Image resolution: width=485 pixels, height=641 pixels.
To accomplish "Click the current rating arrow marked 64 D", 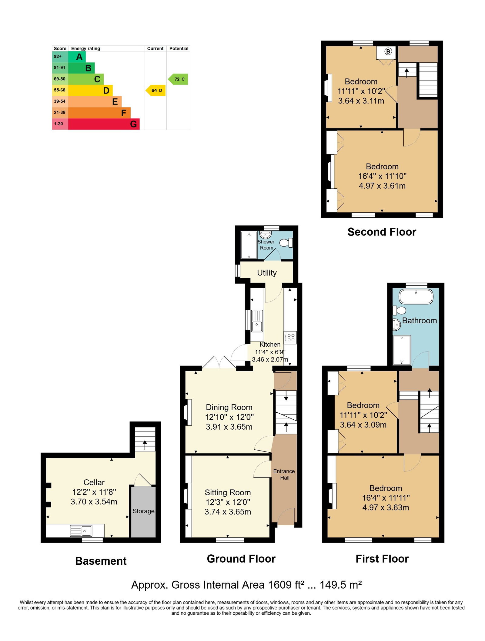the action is click(x=156, y=90).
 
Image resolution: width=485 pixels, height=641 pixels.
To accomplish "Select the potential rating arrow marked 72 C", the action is click(x=178, y=79).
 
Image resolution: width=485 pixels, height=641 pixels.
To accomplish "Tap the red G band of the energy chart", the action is click(x=104, y=124).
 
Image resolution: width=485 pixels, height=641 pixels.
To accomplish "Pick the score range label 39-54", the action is click(x=60, y=101).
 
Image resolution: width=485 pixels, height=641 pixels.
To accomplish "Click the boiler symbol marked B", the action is click(x=388, y=51).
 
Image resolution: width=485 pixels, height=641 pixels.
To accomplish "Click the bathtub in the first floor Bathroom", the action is click(x=416, y=296).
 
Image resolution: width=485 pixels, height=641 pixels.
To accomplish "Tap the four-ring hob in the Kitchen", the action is click(x=290, y=337).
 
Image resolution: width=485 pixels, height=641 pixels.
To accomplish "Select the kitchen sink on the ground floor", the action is click(x=257, y=321).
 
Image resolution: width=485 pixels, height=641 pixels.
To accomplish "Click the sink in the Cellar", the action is click(x=81, y=530).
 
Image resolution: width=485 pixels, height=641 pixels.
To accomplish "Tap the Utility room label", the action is click(x=267, y=273).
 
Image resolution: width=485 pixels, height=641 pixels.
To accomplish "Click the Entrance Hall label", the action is click(x=284, y=474).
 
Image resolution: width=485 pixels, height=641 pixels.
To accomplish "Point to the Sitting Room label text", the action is click(x=228, y=492).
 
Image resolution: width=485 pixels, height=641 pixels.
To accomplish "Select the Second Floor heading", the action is click(x=382, y=232).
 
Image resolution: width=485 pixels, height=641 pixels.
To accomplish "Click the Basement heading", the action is click(x=101, y=561).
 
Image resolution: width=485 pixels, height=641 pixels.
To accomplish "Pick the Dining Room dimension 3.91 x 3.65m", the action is click(x=229, y=427).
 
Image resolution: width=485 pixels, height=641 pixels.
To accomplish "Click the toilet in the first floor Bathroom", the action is click(x=399, y=310).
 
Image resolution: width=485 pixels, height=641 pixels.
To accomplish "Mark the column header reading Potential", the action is click(x=179, y=48).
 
